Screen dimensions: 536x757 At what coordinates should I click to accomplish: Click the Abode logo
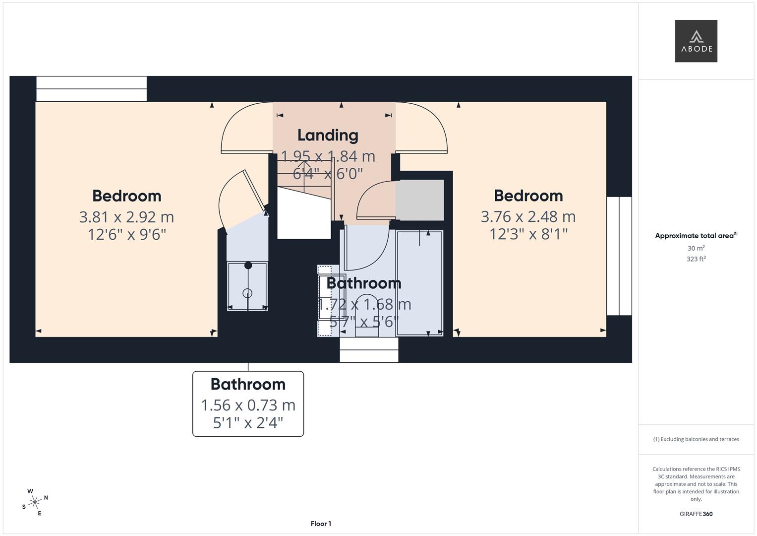[696, 41]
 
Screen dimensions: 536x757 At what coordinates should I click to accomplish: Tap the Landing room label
[328, 135]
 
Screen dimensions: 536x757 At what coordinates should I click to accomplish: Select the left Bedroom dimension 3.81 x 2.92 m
[126, 217]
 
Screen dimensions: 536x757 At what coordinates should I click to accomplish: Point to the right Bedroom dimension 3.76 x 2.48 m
[528, 216]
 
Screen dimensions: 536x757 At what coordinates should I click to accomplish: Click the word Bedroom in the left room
[126, 196]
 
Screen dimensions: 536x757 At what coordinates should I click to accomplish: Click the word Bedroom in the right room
[528, 196]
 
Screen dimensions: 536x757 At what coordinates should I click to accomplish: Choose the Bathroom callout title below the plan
[248, 384]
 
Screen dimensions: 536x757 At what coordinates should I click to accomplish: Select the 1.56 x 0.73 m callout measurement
[248, 405]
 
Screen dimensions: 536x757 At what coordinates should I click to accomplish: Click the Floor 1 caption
[321, 524]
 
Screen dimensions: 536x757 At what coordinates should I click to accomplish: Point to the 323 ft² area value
[696, 259]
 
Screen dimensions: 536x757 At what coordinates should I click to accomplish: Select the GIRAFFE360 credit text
[696, 514]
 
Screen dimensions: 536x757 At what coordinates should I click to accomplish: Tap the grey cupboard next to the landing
[419, 201]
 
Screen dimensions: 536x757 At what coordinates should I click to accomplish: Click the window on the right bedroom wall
[619, 256]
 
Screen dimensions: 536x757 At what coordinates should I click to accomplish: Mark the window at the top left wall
[92, 89]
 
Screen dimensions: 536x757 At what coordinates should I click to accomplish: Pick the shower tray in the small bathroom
[247, 286]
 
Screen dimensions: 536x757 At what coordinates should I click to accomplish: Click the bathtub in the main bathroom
[419, 283]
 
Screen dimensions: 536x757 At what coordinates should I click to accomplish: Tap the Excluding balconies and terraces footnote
[696, 439]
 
